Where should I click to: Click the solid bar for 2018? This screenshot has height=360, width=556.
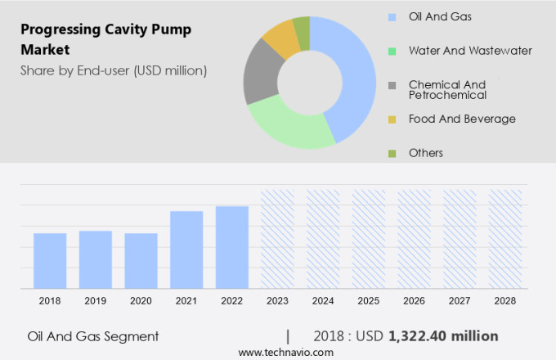click(x=50, y=260)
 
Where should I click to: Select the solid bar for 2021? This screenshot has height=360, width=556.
click(x=186, y=250)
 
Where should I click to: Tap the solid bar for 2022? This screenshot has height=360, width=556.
click(x=232, y=247)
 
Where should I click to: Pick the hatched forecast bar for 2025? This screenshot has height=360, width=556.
click(x=369, y=239)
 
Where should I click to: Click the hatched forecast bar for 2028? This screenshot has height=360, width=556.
click(x=505, y=239)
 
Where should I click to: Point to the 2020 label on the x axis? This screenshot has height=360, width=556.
click(x=141, y=301)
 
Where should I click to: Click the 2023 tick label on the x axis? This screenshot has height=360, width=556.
click(x=277, y=301)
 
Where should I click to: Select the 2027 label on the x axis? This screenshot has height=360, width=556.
click(x=460, y=301)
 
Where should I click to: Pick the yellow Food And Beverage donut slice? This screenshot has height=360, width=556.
click(x=280, y=38)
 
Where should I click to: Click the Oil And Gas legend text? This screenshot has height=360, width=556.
click(x=439, y=16)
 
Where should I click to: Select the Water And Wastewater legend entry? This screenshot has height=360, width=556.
click(x=470, y=51)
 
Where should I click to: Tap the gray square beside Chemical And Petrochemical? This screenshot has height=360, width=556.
click(x=393, y=85)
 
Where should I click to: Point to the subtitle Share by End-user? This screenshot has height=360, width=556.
click(x=114, y=70)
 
